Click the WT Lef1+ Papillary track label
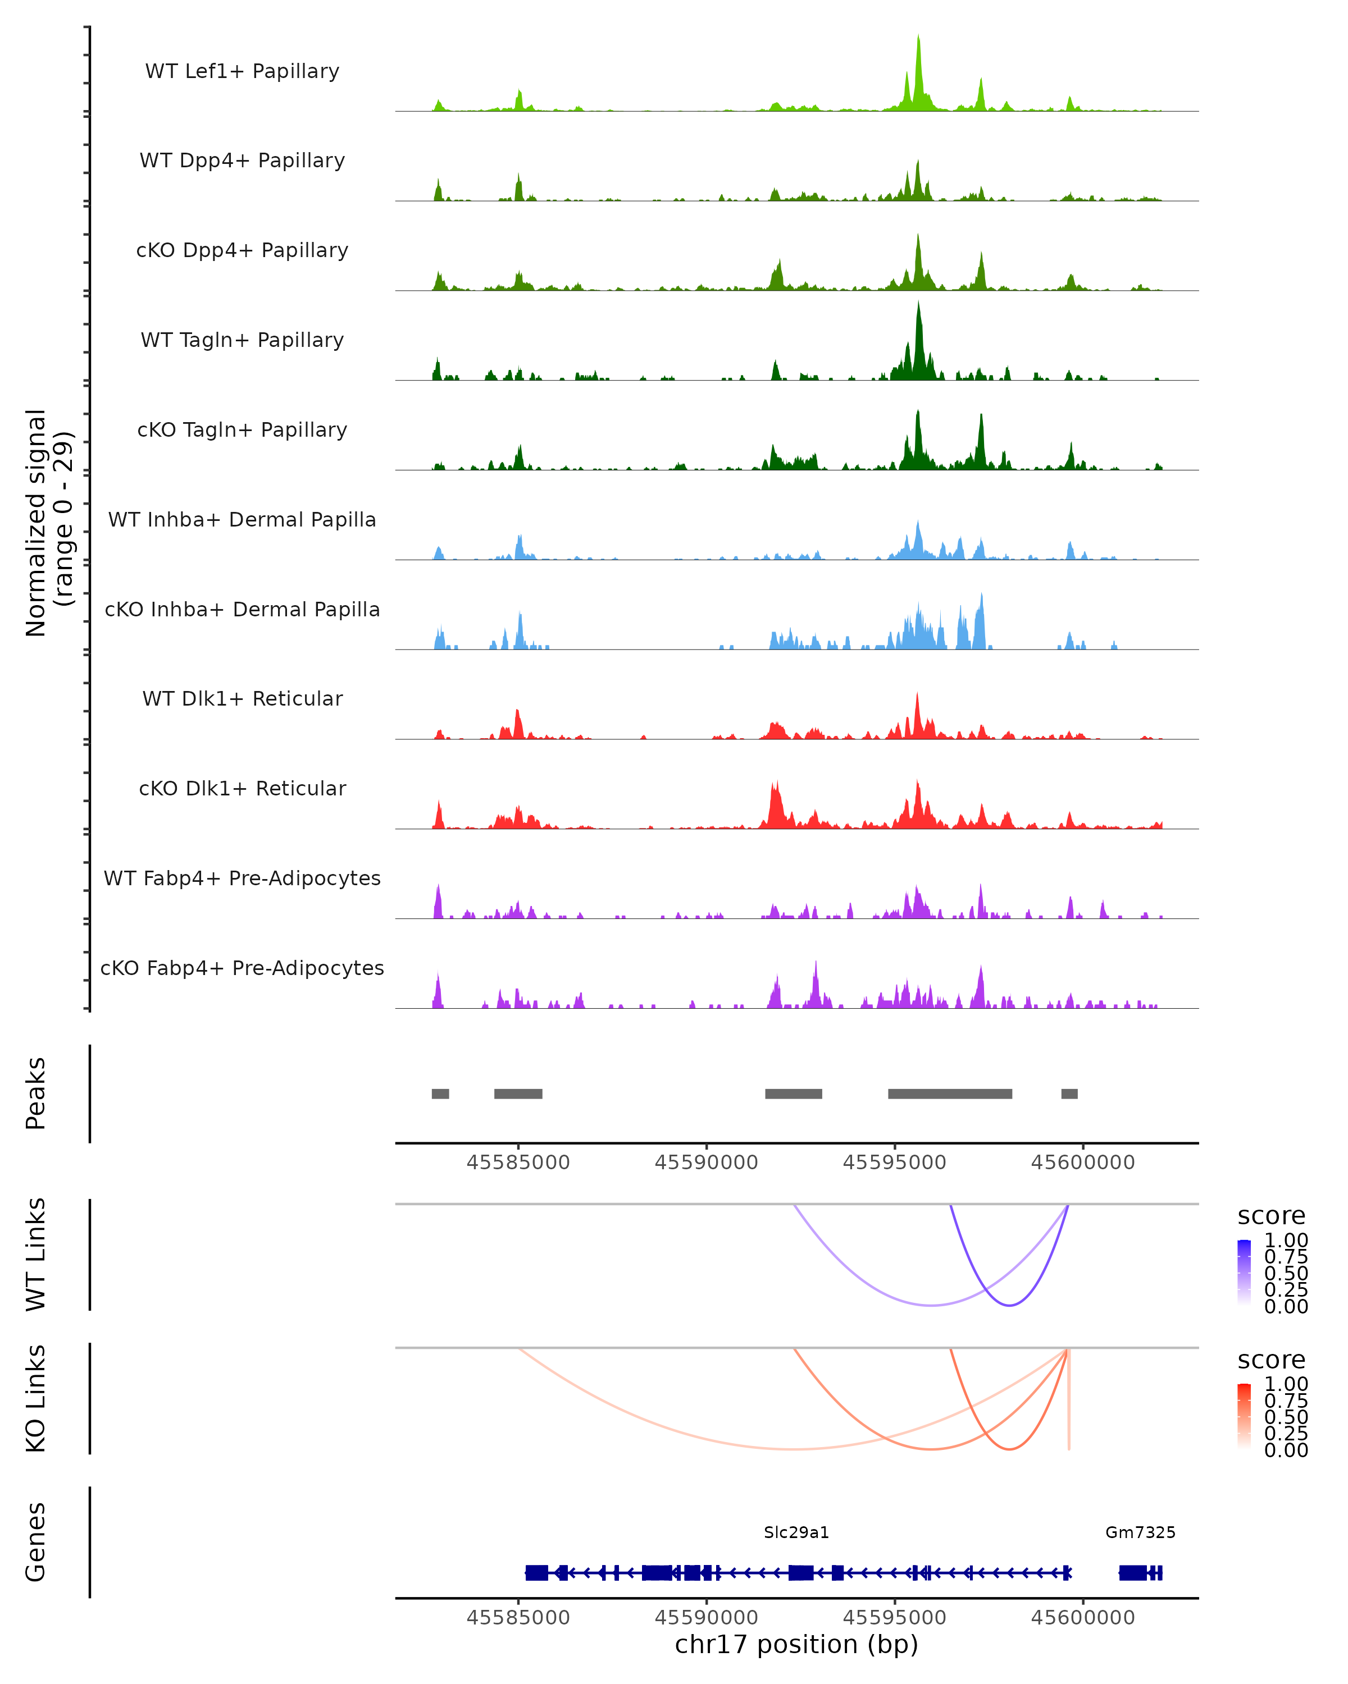pyautogui.click(x=242, y=71)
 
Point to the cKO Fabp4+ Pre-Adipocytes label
pyautogui.click(x=242, y=968)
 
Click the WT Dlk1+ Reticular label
pyautogui.click(x=242, y=698)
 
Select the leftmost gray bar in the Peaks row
pyautogui.click(x=440, y=1093)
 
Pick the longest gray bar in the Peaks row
pyautogui.click(x=949, y=1093)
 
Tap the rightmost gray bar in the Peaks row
pyautogui.click(x=1069, y=1093)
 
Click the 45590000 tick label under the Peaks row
pyautogui.click(x=707, y=1163)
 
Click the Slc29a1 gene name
pyautogui.click(x=796, y=1532)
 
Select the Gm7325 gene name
pyautogui.click(x=1140, y=1532)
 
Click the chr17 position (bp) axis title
pyautogui.click(x=796, y=1645)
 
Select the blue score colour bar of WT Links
pyautogui.click(x=1244, y=1273)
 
